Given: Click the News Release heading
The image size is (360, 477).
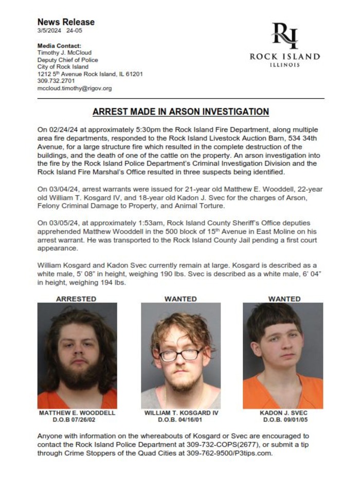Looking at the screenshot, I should point(66,22).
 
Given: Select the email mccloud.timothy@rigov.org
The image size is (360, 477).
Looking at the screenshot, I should point(75,88).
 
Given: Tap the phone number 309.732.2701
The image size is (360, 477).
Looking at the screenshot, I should point(56,81).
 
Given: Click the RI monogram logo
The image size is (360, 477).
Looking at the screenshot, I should point(285,35).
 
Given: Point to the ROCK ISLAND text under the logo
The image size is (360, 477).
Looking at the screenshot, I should point(284,57).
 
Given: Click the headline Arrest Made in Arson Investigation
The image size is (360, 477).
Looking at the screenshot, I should point(181,112).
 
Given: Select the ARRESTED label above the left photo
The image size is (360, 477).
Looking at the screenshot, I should point(76,298).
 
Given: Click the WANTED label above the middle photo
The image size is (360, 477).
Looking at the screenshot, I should point(181,298).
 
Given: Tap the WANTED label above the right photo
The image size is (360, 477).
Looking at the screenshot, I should point(284,298).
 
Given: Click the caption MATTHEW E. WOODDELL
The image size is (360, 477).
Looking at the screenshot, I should point(77,413).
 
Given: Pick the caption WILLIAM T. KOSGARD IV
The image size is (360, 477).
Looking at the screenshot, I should point(181,413).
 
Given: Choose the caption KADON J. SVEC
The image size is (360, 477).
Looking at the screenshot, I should point(283,413).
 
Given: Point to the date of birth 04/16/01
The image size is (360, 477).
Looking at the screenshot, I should point(190,419).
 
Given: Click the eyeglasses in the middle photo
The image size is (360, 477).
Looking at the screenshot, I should point(181,355).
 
